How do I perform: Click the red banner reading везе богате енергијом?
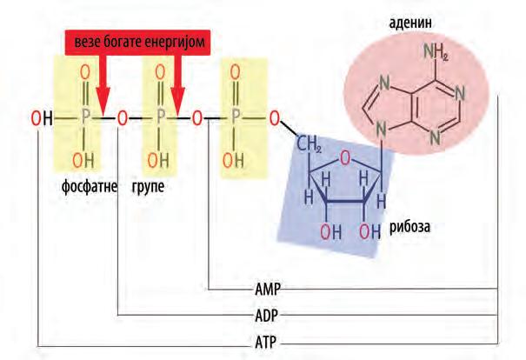[x=139, y=41]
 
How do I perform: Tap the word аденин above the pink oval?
[x=407, y=18]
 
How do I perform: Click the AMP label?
[x=267, y=288]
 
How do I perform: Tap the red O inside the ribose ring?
[x=346, y=158]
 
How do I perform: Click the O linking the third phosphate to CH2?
[x=274, y=117]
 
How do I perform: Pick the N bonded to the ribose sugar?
[x=380, y=130]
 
